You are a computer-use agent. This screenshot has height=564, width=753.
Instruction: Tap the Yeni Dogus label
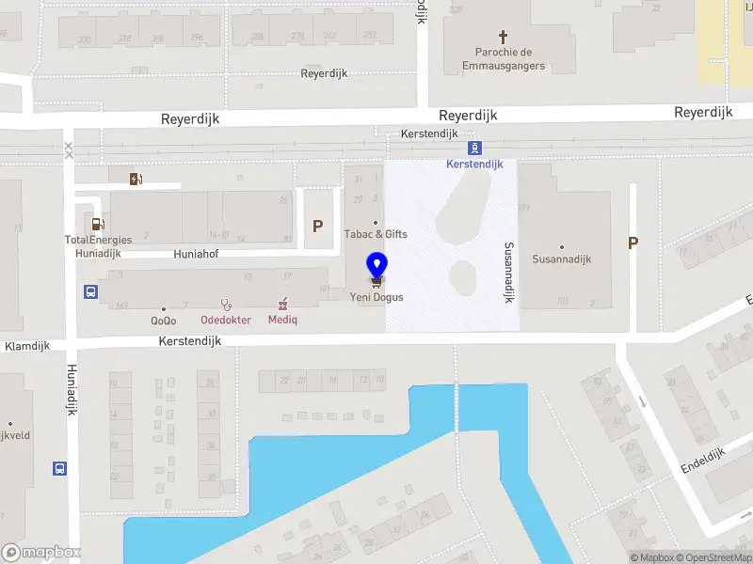coord(376,297)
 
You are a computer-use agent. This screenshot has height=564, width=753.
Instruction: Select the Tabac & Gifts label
coord(375,234)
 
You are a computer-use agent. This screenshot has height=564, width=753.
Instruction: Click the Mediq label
coord(282,320)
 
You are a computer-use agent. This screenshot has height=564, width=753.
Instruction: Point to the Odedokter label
coord(226,320)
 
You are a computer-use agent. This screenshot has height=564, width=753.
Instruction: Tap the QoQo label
coord(164,320)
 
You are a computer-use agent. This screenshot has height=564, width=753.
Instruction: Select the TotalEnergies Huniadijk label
coord(98,246)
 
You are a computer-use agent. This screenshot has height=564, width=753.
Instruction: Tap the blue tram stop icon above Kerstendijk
coord(474,148)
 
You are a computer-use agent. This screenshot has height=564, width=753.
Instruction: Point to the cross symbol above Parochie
coord(504,37)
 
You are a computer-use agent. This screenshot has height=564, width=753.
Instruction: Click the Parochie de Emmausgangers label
coord(504,59)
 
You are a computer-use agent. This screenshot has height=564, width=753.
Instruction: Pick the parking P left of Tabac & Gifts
coord(318,226)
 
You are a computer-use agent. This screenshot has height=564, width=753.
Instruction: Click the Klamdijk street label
coord(26,347)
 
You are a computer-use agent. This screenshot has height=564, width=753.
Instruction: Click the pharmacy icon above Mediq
coord(282,303)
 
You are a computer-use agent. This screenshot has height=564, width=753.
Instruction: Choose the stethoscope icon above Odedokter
coord(226,304)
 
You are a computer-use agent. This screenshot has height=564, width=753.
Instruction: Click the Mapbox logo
coord(41,553)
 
